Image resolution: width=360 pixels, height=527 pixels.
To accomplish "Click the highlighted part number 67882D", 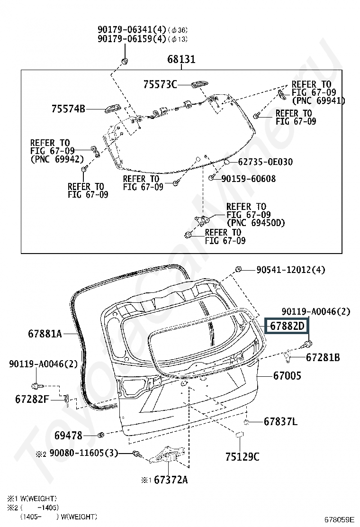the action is (287, 326).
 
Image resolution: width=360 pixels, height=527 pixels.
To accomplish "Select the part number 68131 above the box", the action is (181, 59).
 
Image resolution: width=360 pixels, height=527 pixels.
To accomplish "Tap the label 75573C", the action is (160, 84).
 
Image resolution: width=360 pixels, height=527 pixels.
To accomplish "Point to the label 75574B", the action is (68, 109).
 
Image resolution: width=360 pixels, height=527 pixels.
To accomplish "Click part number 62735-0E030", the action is (265, 162).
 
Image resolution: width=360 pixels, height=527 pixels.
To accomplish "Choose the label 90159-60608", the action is (249, 179).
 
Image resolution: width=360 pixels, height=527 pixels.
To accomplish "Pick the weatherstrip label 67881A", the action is (45, 334).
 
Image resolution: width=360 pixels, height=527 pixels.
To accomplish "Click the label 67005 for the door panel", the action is (287, 376).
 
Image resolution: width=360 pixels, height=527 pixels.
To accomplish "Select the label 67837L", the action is (280, 421).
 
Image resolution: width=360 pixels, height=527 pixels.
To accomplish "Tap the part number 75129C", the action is (243, 457).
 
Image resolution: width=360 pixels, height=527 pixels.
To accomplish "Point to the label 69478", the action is (68, 436).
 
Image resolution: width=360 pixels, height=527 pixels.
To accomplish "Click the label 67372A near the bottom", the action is (171, 480).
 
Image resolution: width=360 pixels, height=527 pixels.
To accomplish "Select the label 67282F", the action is (32, 399).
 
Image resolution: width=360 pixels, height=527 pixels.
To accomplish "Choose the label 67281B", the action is (323, 357).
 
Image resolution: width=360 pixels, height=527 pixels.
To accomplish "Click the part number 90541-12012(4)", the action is (291, 270).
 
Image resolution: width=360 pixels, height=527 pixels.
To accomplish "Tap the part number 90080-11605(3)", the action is (84, 453).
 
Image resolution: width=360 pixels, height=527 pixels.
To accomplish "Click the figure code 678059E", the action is (339, 519).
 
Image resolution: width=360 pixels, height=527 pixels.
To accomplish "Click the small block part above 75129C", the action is (239, 435).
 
